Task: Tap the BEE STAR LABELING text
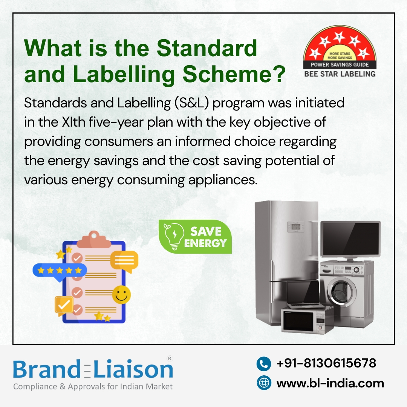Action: click(x=340, y=74)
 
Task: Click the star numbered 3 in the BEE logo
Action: click(x=339, y=37)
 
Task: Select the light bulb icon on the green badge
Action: click(x=173, y=236)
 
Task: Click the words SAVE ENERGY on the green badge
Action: click(x=205, y=237)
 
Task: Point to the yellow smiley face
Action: click(x=121, y=294)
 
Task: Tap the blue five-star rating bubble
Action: click(x=60, y=270)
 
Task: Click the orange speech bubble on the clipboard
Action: click(x=124, y=260)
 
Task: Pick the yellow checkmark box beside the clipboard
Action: click(x=64, y=304)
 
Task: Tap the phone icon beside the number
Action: click(x=264, y=364)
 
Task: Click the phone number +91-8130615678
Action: click(x=326, y=363)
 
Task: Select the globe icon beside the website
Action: click(x=264, y=383)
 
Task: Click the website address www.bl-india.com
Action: click(x=330, y=383)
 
